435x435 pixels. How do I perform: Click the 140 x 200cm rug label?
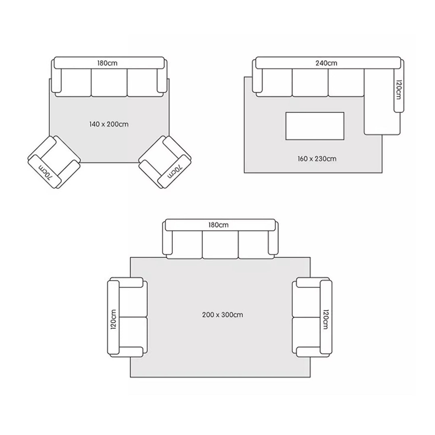(109, 124)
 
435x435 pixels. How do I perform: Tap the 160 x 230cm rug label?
(317, 159)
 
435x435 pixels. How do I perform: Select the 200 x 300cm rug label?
(222, 315)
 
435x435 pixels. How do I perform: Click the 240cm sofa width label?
(326, 63)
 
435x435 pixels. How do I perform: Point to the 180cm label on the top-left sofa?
(107, 63)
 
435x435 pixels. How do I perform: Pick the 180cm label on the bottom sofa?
(218, 225)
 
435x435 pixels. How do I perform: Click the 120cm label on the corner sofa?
(398, 89)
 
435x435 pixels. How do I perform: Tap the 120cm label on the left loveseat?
(114, 319)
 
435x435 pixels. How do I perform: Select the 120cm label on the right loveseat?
(326, 319)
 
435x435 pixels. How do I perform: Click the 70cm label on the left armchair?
(45, 172)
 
